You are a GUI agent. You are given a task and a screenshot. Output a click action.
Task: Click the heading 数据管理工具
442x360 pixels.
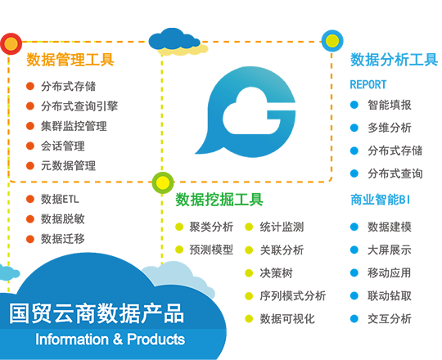coord(70,60)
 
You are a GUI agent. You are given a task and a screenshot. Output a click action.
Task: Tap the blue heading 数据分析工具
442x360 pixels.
coord(394,60)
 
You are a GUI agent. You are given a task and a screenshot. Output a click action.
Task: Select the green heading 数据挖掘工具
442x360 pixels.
coord(219,200)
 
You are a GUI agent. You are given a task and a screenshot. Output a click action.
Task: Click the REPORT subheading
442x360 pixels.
coord(368,84)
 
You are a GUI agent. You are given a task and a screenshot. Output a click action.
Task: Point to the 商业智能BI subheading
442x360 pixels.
coord(380,200)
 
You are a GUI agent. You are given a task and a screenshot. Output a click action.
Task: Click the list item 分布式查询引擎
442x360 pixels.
coord(79,106)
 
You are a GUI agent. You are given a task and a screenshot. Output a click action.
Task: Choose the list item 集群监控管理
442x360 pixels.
coord(74,126)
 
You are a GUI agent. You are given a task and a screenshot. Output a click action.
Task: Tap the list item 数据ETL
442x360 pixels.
coord(60,199)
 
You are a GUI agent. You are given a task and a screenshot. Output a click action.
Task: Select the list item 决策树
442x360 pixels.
coord(277,273)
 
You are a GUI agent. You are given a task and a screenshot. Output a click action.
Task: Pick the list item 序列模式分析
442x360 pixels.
coord(292,296)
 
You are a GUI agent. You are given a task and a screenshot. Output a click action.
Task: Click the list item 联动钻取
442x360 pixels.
coord(390,296)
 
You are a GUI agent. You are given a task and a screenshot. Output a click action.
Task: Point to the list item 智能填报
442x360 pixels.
coord(390,105)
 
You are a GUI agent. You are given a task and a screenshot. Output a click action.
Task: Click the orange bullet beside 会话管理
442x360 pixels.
coord(30,146)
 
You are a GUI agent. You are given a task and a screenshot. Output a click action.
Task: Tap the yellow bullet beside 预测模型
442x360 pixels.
coord(179,250)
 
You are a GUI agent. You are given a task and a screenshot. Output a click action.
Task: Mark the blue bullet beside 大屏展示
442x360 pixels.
coord(354,250)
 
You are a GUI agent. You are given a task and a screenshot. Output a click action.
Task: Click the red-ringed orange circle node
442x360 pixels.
coord(11,43)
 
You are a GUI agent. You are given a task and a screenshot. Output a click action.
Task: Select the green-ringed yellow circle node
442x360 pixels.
coord(163,182)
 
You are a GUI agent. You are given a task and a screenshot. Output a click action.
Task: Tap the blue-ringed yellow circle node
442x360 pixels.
coord(332,41)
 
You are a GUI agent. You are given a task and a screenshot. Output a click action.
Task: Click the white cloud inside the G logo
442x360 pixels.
coord(251,113)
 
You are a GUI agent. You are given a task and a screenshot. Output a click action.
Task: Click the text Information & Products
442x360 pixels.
coord(110,340)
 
